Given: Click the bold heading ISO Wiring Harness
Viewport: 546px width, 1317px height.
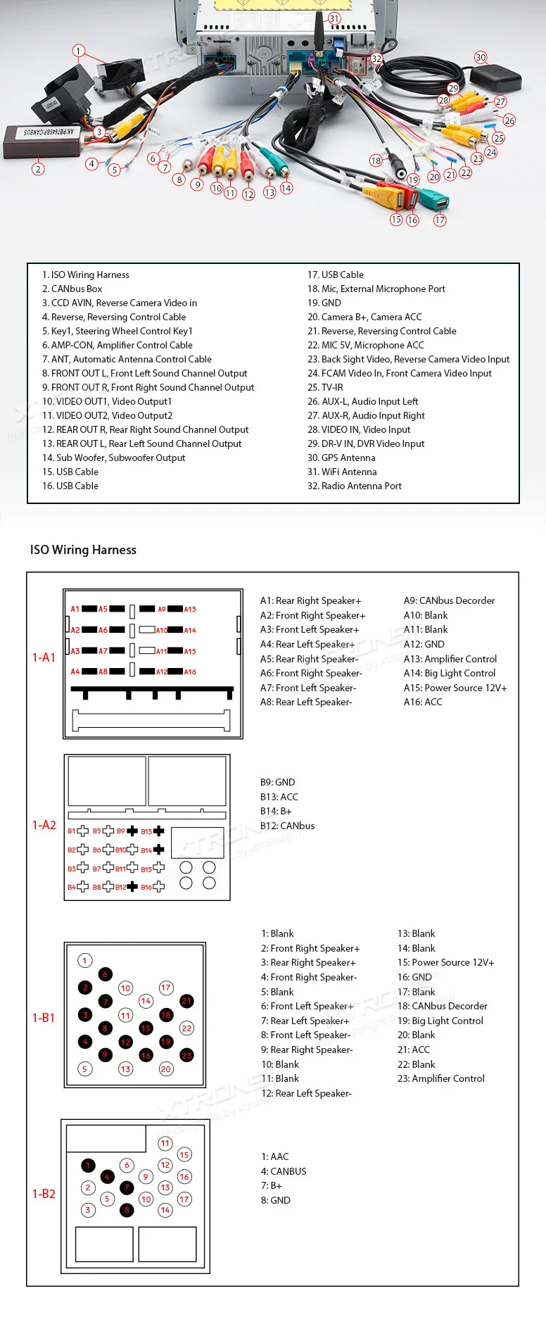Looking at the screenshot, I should (83, 550).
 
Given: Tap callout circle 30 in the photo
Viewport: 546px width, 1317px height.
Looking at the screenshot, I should (481, 57).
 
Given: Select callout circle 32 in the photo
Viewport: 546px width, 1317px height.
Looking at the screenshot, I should (376, 59).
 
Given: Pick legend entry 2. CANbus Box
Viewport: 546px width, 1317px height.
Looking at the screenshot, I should (72, 289).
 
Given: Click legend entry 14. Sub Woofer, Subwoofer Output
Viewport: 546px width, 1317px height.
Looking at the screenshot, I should (113, 458).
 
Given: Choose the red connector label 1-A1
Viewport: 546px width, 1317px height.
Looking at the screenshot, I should (44, 657).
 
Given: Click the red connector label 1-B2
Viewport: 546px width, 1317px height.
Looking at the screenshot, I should (44, 1194).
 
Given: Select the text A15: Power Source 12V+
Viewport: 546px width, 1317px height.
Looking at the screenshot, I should (455, 688).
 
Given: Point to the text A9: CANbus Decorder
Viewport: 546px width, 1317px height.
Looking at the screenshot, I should (449, 600).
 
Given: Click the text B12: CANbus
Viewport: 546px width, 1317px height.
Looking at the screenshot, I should (287, 826).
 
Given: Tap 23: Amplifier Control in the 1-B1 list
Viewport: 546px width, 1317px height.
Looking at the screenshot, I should (440, 1078).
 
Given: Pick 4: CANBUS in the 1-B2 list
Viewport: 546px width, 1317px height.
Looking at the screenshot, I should (284, 1171).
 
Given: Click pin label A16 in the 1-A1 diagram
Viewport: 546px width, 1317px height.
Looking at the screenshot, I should (190, 672).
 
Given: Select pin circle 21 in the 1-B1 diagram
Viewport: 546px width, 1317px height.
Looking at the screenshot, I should (186, 1001).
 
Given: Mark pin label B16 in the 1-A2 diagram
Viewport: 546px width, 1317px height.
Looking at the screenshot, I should (146, 888).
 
